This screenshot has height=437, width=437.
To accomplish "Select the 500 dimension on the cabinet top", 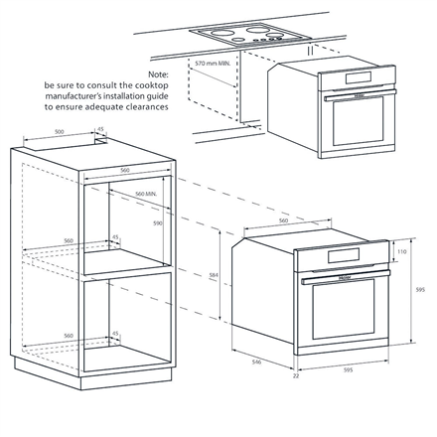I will (60, 131).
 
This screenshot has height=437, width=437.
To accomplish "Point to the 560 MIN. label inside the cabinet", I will (146, 194).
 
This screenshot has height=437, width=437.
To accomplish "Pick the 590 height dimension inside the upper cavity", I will (155, 224).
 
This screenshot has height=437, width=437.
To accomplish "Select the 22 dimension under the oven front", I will (296, 376).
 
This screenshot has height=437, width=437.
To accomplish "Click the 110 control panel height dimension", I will (402, 253).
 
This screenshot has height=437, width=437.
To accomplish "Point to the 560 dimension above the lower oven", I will (283, 220).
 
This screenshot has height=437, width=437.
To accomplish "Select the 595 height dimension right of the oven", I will (421, 290).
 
